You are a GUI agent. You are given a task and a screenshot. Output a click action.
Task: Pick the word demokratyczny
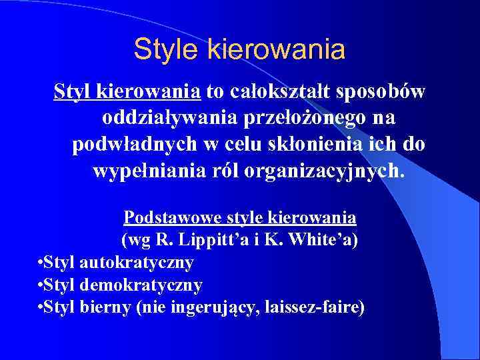[141, 285]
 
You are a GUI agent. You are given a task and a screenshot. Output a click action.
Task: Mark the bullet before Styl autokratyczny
[41, 263]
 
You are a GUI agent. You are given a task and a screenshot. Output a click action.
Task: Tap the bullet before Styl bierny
[41, 307]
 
